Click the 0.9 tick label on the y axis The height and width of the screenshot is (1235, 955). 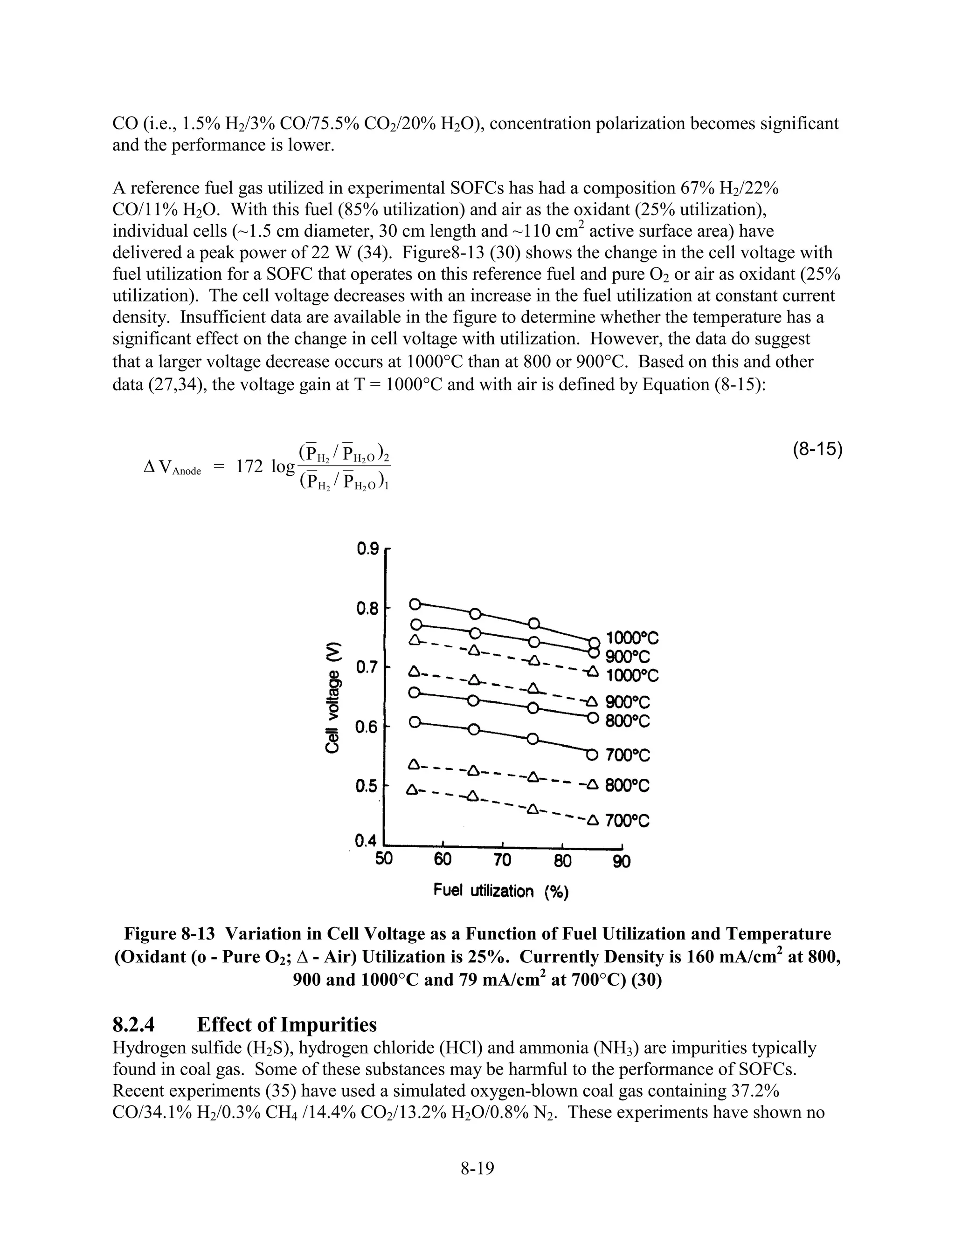pos(367,549)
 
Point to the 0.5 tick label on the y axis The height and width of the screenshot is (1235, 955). pos(367,787)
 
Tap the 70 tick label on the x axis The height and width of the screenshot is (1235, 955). pos(502,861)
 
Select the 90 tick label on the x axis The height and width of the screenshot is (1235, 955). pos(621,862)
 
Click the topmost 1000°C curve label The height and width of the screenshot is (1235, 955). pos(632,638)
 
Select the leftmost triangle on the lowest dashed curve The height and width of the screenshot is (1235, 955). pos(412,788)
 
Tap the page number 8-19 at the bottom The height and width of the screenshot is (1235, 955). pos(477,1168)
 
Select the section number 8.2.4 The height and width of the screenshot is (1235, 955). pos(133,1025)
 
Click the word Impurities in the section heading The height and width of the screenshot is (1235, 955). pos(329,1025)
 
